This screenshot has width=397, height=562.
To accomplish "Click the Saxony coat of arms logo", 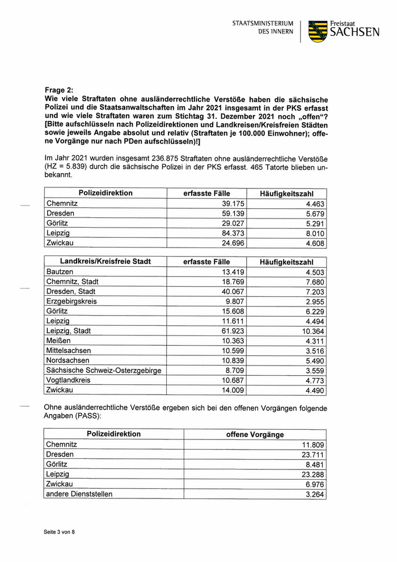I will coord(318,31).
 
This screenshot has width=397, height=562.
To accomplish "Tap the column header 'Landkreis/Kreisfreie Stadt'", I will coord(105,262).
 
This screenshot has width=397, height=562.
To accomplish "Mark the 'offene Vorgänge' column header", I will coord(255,435).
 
